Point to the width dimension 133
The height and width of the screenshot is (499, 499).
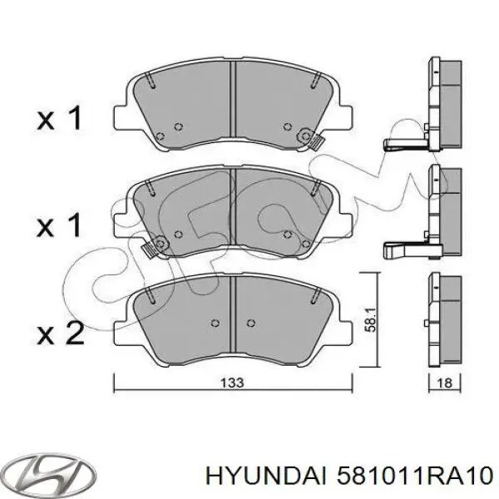[x=233, y=383]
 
